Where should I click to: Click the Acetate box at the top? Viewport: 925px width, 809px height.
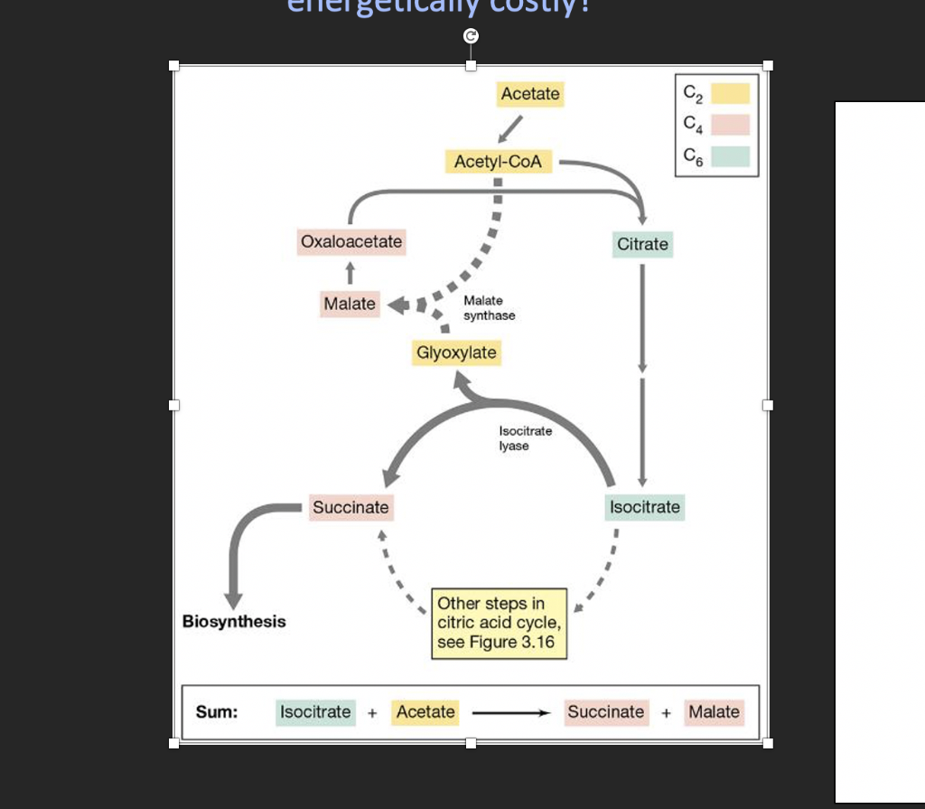[530, 94]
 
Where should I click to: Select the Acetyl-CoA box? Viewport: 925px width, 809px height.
[498, 162]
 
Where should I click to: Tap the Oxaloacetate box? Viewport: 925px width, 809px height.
[351, 242]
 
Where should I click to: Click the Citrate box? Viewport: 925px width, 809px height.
[642, 244]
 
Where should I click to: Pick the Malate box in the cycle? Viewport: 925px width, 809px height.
[350, 304]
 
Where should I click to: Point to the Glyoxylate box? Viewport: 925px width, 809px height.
[456, 353]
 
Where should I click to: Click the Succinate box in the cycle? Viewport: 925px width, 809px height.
[350, 508]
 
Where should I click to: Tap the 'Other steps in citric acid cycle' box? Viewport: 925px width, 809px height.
[500, 623]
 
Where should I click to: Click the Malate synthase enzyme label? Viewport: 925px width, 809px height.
[490, 308]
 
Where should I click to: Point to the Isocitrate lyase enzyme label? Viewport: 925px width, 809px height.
[525, 438]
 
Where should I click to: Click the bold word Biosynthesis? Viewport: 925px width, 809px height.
[234, 622]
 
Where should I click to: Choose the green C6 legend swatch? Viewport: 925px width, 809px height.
[729, 156]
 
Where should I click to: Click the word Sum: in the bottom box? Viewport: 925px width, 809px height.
[217, 711]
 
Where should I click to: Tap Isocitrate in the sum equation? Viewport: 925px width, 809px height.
[315, 712]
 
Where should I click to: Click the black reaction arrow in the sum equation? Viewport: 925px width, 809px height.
[511, 713]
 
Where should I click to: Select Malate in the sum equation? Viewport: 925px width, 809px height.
[714, 712]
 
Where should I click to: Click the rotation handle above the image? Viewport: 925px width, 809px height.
[470, 36]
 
